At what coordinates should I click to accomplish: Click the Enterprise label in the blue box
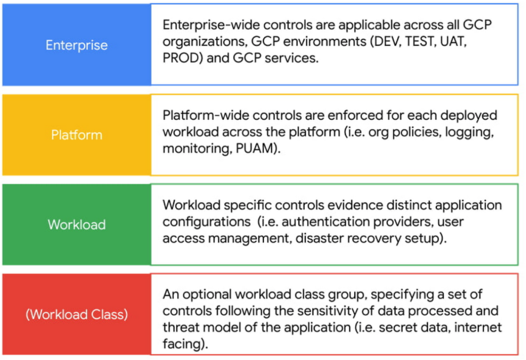pyautogui.click(x=77, y=45)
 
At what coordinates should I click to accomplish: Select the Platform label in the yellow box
pyautogui.click(x=77, y=135)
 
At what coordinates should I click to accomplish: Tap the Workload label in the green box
pyautogui.click(x=77, y=225)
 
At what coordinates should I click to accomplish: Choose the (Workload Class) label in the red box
pyautogui.click(x=77, y=314)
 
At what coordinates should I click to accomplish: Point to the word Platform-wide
pyautogui.click(x=205, y=115)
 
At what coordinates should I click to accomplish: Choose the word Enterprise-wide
pyautogui.click(x=211, y=25)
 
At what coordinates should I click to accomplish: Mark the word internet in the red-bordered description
pyautogui.click(x=478, y=327)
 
